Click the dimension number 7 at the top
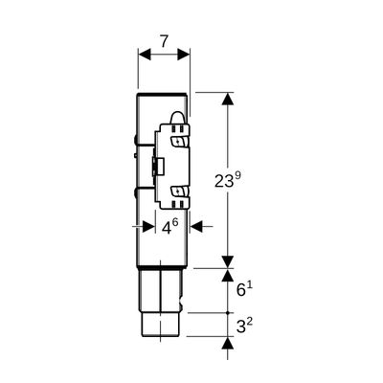point(164,41)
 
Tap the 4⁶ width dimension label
point(169,227)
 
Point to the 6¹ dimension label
point(244,290)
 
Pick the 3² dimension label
point(244,327)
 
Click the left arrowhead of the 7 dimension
point(145,55)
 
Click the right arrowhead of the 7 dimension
point(184,55)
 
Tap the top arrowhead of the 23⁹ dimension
point(227,99)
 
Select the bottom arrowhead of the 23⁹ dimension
point(227,262)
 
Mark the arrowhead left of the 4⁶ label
point(148,227)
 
